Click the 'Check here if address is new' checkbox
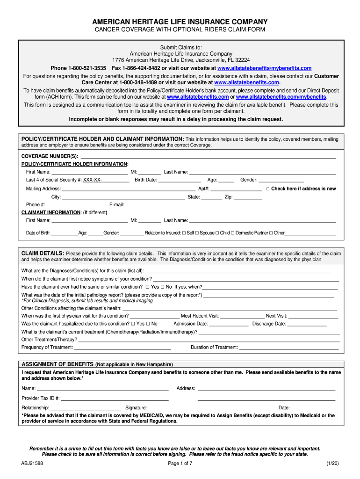268,189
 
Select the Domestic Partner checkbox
233,233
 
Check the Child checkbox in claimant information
217,233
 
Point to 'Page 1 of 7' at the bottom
180,463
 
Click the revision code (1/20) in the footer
332,463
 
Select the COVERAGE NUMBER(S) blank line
208,156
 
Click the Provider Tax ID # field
115,398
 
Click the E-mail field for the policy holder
179,205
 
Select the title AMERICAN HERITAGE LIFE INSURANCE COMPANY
180,22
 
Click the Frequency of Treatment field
122,348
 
